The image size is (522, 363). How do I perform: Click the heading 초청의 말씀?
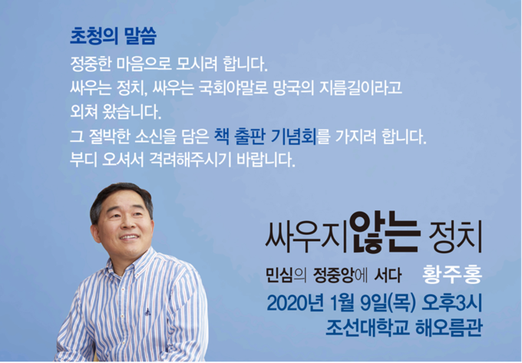tap(113, 36)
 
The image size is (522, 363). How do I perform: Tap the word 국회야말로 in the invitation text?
tap(233, 87)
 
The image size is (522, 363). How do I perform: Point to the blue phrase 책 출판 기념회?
tap(266, 137)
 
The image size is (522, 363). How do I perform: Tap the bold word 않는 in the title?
tap(385, 233)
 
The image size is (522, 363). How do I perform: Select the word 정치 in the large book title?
tap(455, 236)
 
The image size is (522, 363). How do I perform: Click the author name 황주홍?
tap(452, 276)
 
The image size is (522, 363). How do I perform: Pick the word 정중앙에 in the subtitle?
tap(340, 276)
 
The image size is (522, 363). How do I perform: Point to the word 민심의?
tap(286, 276)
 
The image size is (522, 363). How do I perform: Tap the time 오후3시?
tap(451, 303)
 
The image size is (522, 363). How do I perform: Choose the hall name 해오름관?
tap(449, 328)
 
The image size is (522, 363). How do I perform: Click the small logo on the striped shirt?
tap(148, 312)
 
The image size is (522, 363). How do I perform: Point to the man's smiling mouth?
tap(129, 237)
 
